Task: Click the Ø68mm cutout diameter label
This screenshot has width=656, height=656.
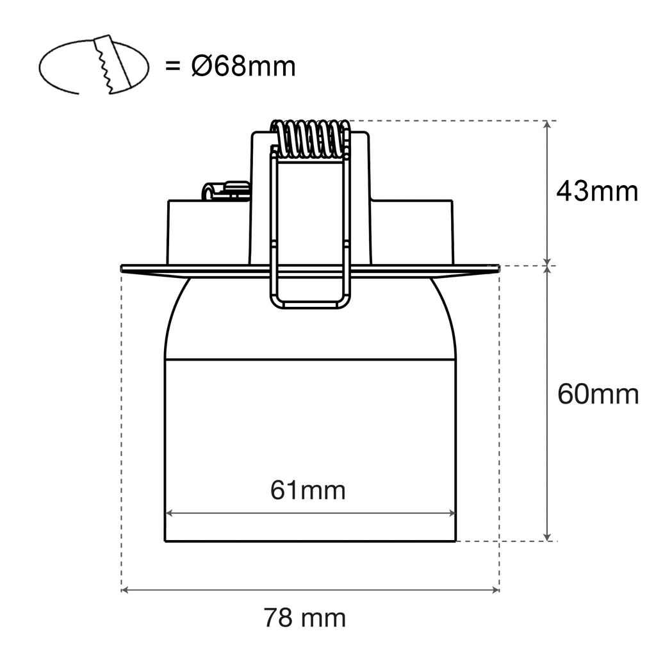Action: [243, 66]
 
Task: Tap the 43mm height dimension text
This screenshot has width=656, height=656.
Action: [597, 191]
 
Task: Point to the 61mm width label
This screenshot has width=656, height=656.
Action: [307, 491]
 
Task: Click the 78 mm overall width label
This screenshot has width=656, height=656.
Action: [304, 618]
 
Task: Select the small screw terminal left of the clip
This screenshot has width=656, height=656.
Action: [225, 191]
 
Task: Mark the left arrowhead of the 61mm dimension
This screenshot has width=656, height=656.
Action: [169, 513]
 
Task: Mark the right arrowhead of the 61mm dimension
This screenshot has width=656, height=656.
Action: [452, 513]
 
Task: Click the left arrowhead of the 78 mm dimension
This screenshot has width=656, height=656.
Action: [124, 589]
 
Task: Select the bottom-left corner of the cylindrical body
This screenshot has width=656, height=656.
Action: [165, 541]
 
